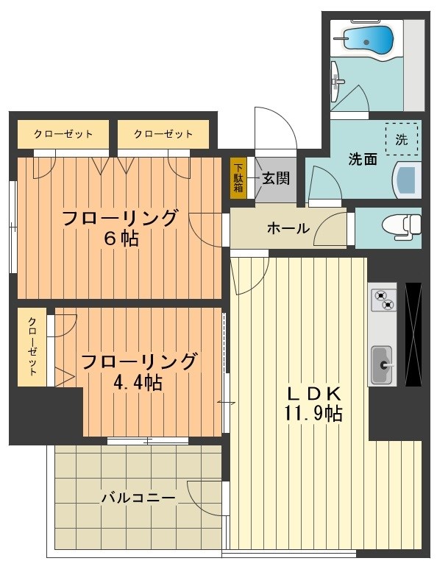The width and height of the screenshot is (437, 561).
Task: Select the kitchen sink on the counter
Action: [382, 364]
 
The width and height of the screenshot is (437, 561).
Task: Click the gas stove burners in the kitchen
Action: [383, 300]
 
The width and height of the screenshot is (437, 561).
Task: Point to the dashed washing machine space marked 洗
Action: [402, 140]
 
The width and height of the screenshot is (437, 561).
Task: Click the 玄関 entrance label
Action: [276, 177]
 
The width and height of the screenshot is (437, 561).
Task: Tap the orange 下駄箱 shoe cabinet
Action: [238, 177]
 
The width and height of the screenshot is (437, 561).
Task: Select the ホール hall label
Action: [288, 228]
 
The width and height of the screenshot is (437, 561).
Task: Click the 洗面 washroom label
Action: [363, 159]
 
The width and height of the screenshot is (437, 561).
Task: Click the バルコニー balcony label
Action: [138, 498]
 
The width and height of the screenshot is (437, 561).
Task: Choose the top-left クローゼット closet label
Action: [63, 134]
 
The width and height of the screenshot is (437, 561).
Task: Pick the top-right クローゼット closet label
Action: [163, 134]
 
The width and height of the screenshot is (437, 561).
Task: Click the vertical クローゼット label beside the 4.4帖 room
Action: [33, 347]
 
